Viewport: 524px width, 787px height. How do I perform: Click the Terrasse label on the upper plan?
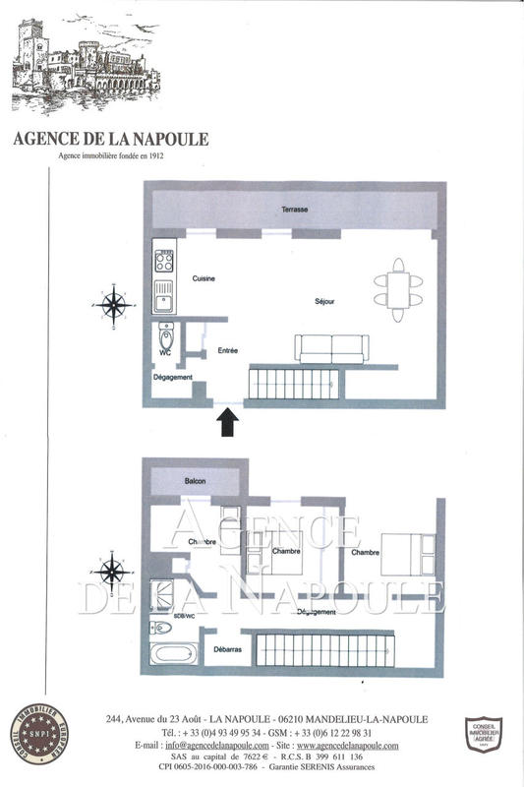click(x=294, y=211)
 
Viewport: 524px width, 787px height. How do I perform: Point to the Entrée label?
click(x=227, y=350)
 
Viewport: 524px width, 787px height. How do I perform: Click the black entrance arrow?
click(x=228, y=422)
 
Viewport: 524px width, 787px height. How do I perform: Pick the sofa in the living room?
click(x=332, y=348)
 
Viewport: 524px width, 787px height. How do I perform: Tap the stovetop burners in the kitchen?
click(x=163, y=262)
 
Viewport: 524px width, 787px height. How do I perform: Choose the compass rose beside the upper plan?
click(x=116, y=304)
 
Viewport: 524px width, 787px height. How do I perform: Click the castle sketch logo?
click(x=82, y=63)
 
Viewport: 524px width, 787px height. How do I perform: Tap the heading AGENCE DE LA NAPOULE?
click(x=111, y=139)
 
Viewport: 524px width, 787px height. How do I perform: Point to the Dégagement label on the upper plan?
click(x=172, y=378)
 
